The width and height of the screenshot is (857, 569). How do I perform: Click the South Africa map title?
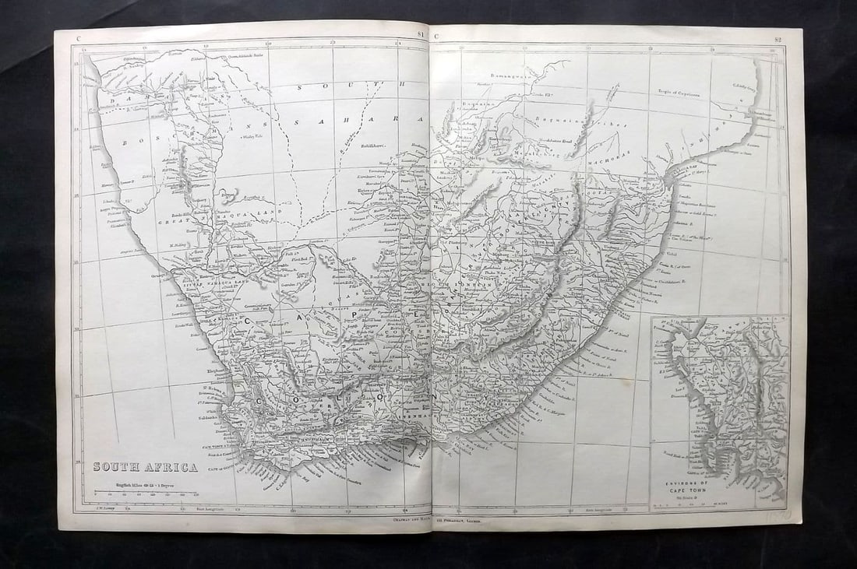point(145,467)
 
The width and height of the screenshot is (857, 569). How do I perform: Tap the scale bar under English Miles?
point(146,492)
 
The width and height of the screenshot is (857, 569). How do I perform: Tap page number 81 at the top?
point(421,35)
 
